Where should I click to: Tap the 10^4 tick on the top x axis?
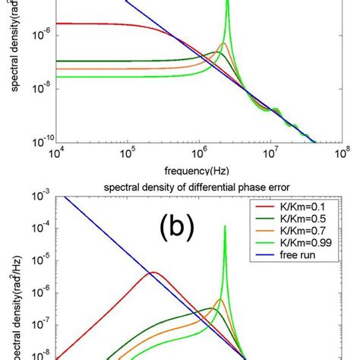pos(55,153)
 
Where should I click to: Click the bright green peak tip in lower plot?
pos(225,226)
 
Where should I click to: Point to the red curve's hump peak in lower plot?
pos(153,272)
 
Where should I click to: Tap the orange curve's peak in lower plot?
pos(220,299)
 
